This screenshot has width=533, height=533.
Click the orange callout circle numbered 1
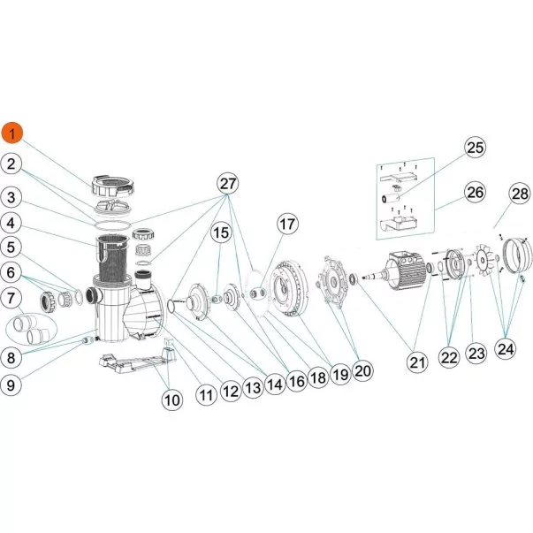click(x=12, y=133)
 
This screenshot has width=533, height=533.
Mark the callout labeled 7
click(x=12, y=299)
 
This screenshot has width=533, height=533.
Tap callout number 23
click(x=476, y=354)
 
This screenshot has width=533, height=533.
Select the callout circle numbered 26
click(x=475, y=192)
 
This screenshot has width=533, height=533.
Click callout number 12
click(x=232, y=386)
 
